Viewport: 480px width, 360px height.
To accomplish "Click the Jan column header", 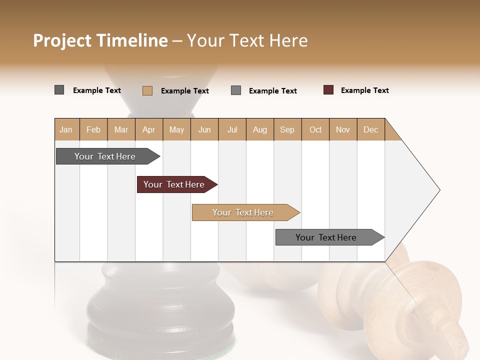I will coord(66,129).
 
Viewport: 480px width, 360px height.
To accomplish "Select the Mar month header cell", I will coord(121,129).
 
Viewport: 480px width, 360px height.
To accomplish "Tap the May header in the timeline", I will coord(176,129).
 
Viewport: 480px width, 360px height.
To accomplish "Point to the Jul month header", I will coord(232,129).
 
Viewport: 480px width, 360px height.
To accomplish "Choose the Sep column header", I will coord(287,129).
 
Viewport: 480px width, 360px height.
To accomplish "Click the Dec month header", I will coord(370,129).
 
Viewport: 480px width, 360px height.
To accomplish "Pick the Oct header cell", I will coord(315,129).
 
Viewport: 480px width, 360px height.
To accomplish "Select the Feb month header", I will coord(93,129).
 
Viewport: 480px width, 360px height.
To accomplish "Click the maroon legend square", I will coord(328,90).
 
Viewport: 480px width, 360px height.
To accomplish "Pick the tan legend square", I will coord(147,90).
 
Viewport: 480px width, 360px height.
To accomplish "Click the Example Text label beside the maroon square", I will coord(364,90).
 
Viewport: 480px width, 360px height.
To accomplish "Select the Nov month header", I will coord(343,129).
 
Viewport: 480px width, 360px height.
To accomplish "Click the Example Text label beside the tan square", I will coord(184,91).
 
